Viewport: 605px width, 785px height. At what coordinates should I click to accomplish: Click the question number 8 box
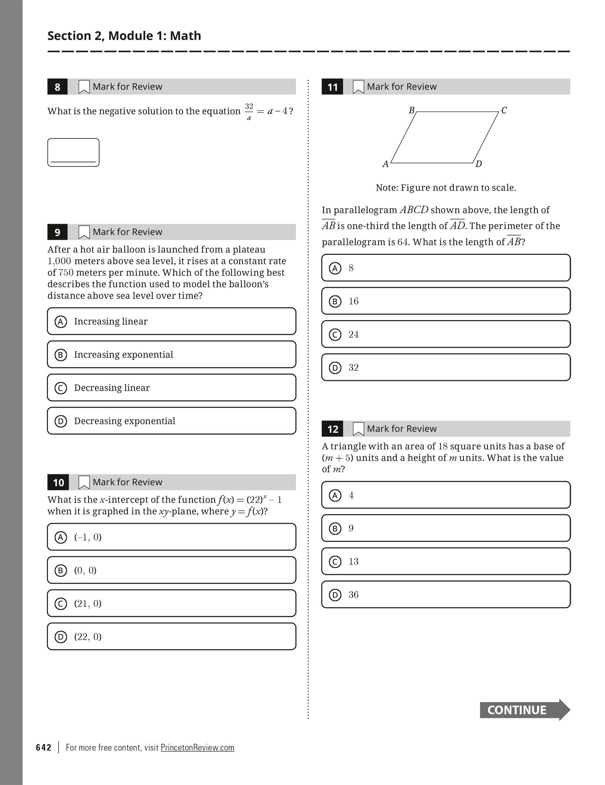pyautogui.click(x=58, y=87)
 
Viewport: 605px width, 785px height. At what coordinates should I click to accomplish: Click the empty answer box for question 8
pyautogui.click(x=73, y=152)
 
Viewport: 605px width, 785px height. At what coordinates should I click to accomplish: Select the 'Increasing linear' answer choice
pyautogui.click(x=172, y=321)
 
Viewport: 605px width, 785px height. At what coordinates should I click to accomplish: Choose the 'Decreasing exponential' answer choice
pyautogui.click(x=172, y=421)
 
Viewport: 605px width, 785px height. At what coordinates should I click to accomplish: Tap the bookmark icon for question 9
pyautogui.click(x=84, y=232)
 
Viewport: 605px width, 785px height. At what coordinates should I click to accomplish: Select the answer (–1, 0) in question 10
pyautogui.click(x=172, y=537)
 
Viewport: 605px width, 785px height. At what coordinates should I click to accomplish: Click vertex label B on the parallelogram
pyautogui.click(x=412, y=110)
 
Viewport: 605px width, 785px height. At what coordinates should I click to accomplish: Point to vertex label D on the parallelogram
pyautogui.click(x=478, y=164)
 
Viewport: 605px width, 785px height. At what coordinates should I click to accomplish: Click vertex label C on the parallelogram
pyautogui.click(x=504, y=110)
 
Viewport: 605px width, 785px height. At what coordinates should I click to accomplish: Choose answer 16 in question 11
pyautogui.click(x=446, y=301)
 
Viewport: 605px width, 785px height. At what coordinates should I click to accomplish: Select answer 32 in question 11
pyautogui.click(x=446, y=368)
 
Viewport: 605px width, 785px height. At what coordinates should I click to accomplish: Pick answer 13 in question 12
pyautogui.click(x=446, y=562)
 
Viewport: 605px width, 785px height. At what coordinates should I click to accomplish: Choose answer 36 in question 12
pyautogui.click(x=446, y=595)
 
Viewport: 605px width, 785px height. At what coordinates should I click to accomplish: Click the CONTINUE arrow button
pyautogui.click(x=524, y=710)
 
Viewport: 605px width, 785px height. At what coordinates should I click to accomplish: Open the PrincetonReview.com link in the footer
pyautogui.click(x=197, y=747)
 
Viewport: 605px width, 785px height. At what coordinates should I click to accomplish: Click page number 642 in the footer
pyautogui.click(x=44, y=747)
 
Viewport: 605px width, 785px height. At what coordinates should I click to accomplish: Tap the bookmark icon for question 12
pyautogui.click(x=358, y=429)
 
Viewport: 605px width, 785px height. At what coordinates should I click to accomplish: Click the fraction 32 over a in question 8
pyautogui.click(x=249, y=111)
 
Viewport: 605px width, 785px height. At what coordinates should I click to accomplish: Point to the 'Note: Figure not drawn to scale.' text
pyautogui.click(x=446, y=188)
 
